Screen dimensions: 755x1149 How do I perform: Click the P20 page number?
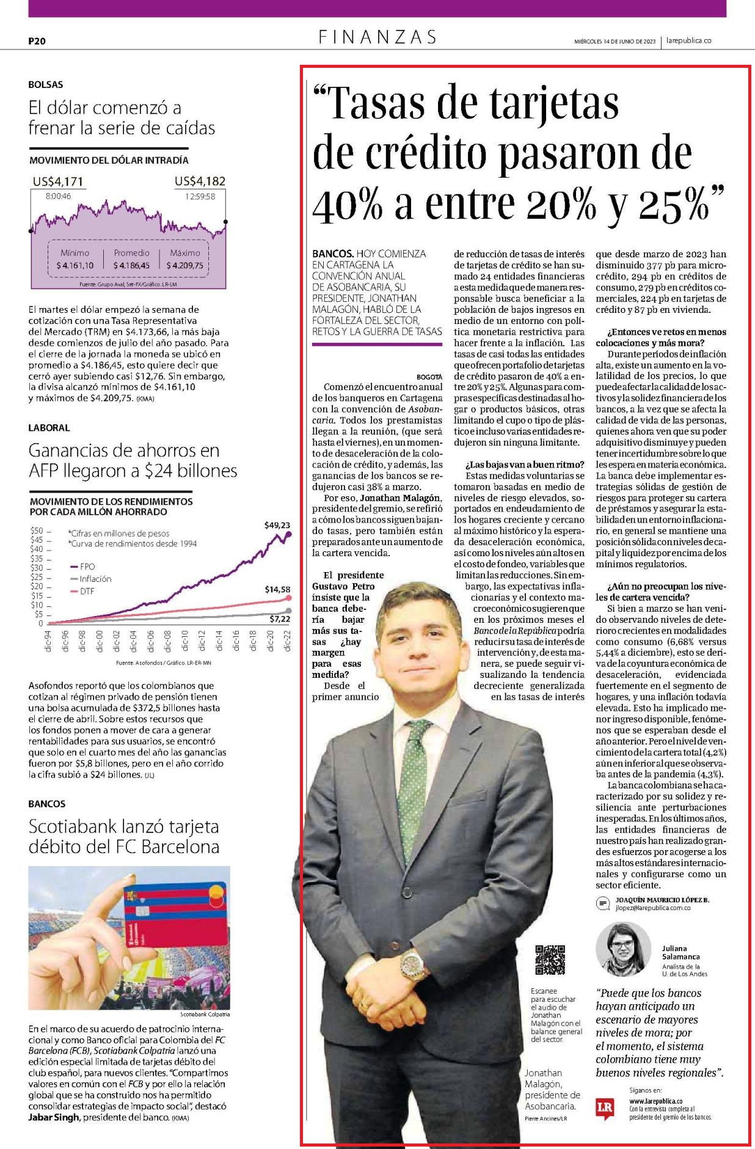pyautogui.click(x=37, y=42)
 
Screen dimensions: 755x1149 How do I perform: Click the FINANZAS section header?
pyautogui.click(x=377, y=37)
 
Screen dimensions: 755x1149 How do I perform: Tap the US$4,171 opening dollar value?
pyautogui.click(x=58, y=182)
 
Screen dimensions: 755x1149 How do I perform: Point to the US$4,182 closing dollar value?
pyautogui.click(x=200, y=181)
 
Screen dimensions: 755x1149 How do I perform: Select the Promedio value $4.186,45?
pyautogui.click(x=131, y=266)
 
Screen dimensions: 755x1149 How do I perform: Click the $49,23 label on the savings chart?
pyautogui.click(x=277, y=525)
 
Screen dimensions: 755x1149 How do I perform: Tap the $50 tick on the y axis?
pyautogui.click(x=37, y=530)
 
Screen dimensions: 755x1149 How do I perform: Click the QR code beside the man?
pyautogui.click(x=550, y=960)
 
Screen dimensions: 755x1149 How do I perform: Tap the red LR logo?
pyautogui.click(x=604, y=1108)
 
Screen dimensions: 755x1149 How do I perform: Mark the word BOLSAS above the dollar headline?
pyautogui.click(x=46, y=84)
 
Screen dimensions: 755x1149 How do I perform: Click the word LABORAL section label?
pyautogui.click(x=49, y=428)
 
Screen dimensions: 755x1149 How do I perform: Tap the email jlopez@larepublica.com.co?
pyautogui.click(x=653, y=908)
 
